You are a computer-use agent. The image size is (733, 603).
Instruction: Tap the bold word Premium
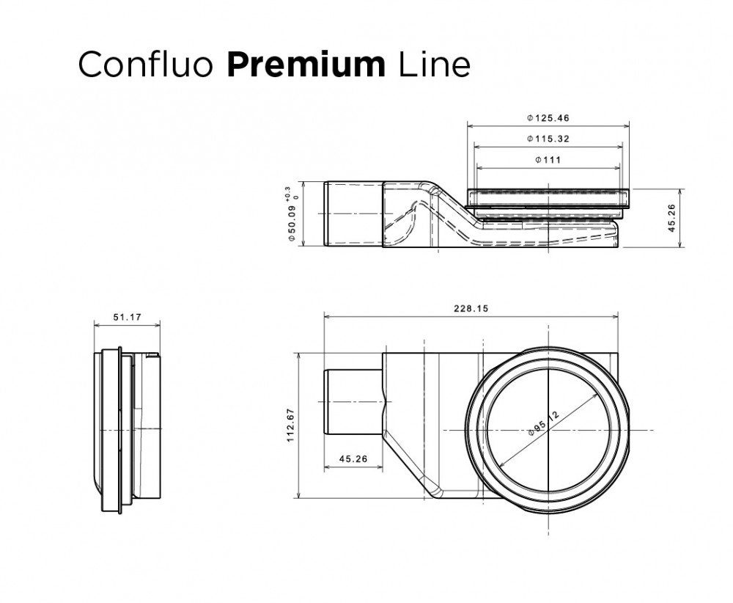306,65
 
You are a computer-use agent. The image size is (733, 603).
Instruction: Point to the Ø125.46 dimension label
548,117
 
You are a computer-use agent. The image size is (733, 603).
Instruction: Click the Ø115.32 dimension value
548,139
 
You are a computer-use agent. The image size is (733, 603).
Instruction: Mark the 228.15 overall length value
470,309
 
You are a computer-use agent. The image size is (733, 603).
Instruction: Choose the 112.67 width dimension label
290,425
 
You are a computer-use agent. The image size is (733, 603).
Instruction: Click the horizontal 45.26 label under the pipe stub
353,459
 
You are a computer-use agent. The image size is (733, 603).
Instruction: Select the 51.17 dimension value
127,318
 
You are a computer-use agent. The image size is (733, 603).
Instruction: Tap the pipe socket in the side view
353,213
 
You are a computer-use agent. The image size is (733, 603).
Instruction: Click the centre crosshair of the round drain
548,430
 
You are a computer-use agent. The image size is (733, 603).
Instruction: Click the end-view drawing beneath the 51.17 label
125,429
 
